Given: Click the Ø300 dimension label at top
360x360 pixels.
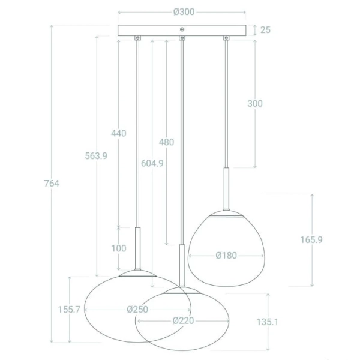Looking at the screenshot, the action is coord(184,12).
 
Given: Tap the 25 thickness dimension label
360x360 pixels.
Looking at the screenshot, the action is coord(265,30).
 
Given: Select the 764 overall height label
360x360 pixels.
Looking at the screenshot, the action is coord(52,184).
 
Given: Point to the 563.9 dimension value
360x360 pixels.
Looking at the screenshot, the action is coord(96,156).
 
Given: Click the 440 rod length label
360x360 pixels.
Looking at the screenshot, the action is coord(119,133).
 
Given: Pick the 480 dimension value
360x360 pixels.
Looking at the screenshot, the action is coord(166,142).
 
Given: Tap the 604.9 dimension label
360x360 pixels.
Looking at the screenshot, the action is coord(152,163).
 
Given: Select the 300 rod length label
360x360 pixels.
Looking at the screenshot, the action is coord(255,104).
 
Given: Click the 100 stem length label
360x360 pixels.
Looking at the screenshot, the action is coord(119,248).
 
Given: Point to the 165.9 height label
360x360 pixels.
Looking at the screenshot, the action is coord(311,239).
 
